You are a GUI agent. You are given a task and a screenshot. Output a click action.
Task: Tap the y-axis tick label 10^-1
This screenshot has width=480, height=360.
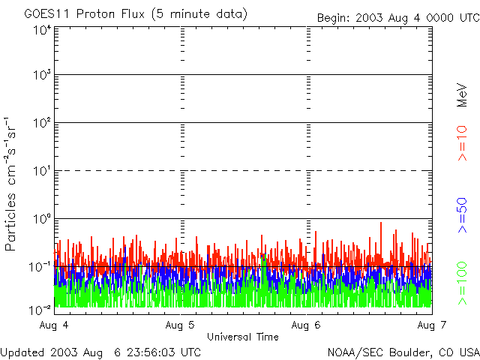pyautogui.click(x=40, y=267)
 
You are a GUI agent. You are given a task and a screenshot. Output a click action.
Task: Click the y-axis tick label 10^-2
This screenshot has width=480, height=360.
pyautogui.click(x=40, y=307)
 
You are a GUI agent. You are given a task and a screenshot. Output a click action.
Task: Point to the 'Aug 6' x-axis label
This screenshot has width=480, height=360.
pyautogui.click(x=307, y=325)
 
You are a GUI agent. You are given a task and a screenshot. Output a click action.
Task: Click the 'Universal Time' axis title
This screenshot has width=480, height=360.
pyautogui.click(x=243, y=337)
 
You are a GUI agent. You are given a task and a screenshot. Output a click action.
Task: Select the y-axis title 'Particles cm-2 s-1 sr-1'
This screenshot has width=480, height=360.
pyautogui.click(x=13, y=183)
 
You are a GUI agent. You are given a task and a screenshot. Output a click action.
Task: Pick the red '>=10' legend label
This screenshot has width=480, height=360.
pyautogui.click(x=463, y=142)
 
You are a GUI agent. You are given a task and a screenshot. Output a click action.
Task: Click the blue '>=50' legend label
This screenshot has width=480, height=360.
pyautogui.click(x=463, y=217)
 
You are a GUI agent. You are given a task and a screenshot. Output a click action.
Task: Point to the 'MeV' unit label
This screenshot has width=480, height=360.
pyautogui.click(x=463, y=95)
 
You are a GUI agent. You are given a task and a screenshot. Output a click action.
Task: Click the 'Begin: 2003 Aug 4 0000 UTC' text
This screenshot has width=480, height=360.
pyautogui.click(x=397, y=17)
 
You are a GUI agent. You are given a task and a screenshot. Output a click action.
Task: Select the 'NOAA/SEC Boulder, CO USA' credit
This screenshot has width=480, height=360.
pyautogui.click(x=403, y=352)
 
